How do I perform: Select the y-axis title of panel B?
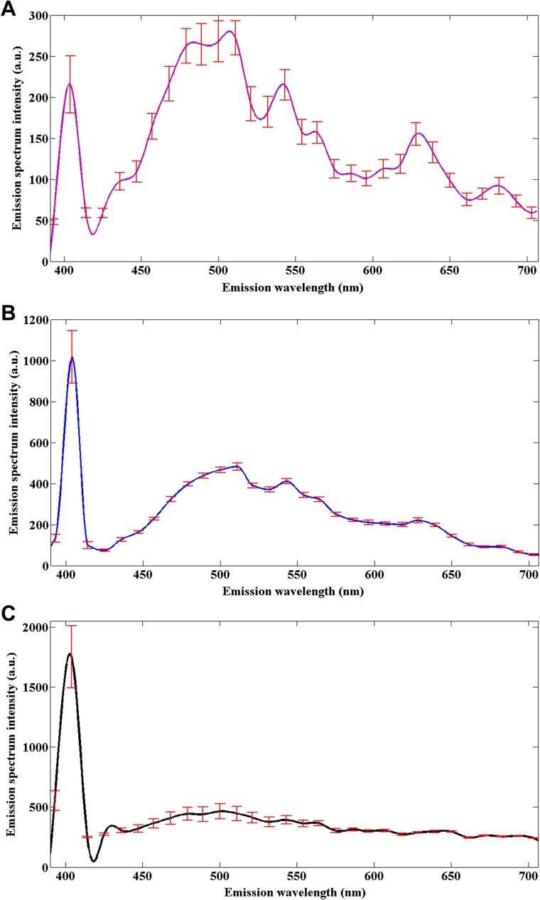click(x=12, y=442)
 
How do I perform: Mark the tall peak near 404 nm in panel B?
click(x=72, y=358)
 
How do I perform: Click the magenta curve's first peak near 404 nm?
click(x=70, y=84)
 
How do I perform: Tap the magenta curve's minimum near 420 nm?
click(x=93, y=234)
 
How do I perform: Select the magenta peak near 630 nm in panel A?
click(x=418, y=134)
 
